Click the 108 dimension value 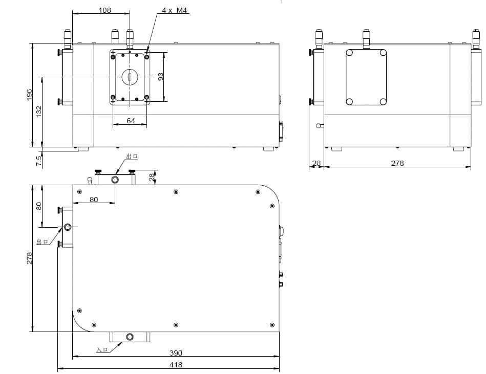[x=104, y=10]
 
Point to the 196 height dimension [x=29, y=95]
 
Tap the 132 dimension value [x=39, y=112]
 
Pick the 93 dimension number [x=161, y=77]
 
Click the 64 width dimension [x=131, y=121]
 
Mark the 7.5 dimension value [x=39, y=160]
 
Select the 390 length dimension [x=176, y=353]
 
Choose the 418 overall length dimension [x=176, y=365]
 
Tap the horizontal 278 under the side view [x=397, y=163]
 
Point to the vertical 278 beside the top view [x=29, y=258]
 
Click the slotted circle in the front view [x=130, y=77]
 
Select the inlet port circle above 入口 [x=130, y=337]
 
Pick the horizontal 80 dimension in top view [x=94, y=200]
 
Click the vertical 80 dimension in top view [x=39, y=206]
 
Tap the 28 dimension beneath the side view [x=316, y=163]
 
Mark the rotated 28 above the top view [x=151, y=177]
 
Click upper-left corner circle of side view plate [x=350, y=53]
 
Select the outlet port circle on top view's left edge [x=68, y=226]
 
